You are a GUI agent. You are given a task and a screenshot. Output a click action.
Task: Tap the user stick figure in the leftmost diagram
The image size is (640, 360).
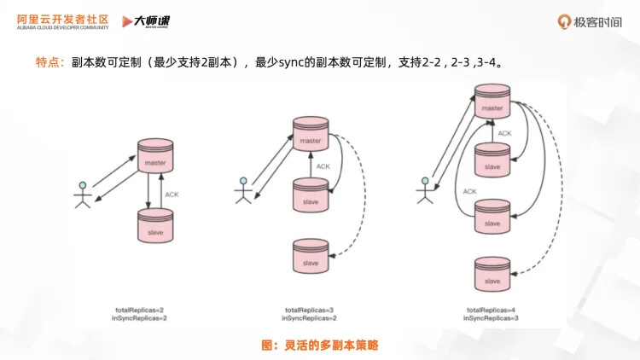(x=83, y=194)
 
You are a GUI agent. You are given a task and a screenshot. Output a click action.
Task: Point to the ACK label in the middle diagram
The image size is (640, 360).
(x=323, y=166)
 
